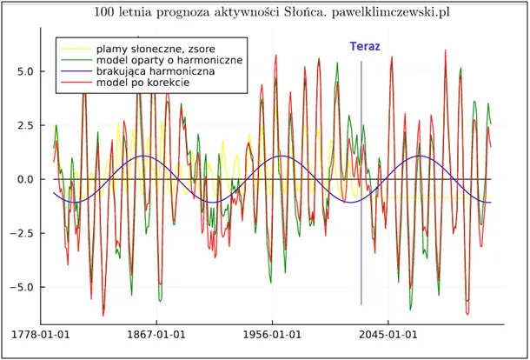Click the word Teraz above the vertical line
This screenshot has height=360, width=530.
click(365, 46)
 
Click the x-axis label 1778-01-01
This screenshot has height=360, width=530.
click(40, 335)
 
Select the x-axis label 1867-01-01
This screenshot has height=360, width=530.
click(156, 335)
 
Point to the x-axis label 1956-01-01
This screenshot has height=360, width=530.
click(273, 335)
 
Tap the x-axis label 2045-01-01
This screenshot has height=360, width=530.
click(388, 335)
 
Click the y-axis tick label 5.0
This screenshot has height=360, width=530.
click(26, 71)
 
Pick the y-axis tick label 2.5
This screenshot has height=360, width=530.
click(26, 125)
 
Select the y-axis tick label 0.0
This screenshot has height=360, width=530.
click(26, 179)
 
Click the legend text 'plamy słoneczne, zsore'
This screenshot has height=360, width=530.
click(156, 49)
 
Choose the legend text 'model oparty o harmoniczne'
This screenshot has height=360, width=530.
click(169, 60)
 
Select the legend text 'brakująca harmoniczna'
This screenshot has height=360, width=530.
click(156, 71)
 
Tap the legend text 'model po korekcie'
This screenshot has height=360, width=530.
click(143, 83)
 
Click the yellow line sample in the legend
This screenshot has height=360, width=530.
click(76, 49)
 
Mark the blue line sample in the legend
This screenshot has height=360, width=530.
click(76, 71)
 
